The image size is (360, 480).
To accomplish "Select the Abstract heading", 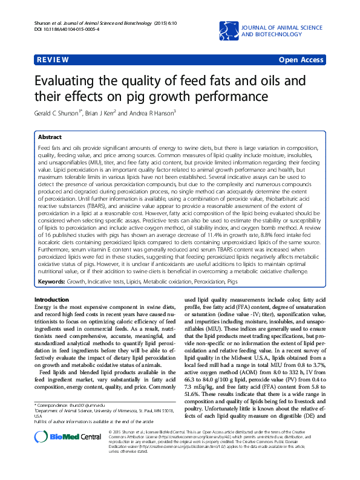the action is coord(50,137).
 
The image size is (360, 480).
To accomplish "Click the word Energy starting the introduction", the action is coord(44,308).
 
